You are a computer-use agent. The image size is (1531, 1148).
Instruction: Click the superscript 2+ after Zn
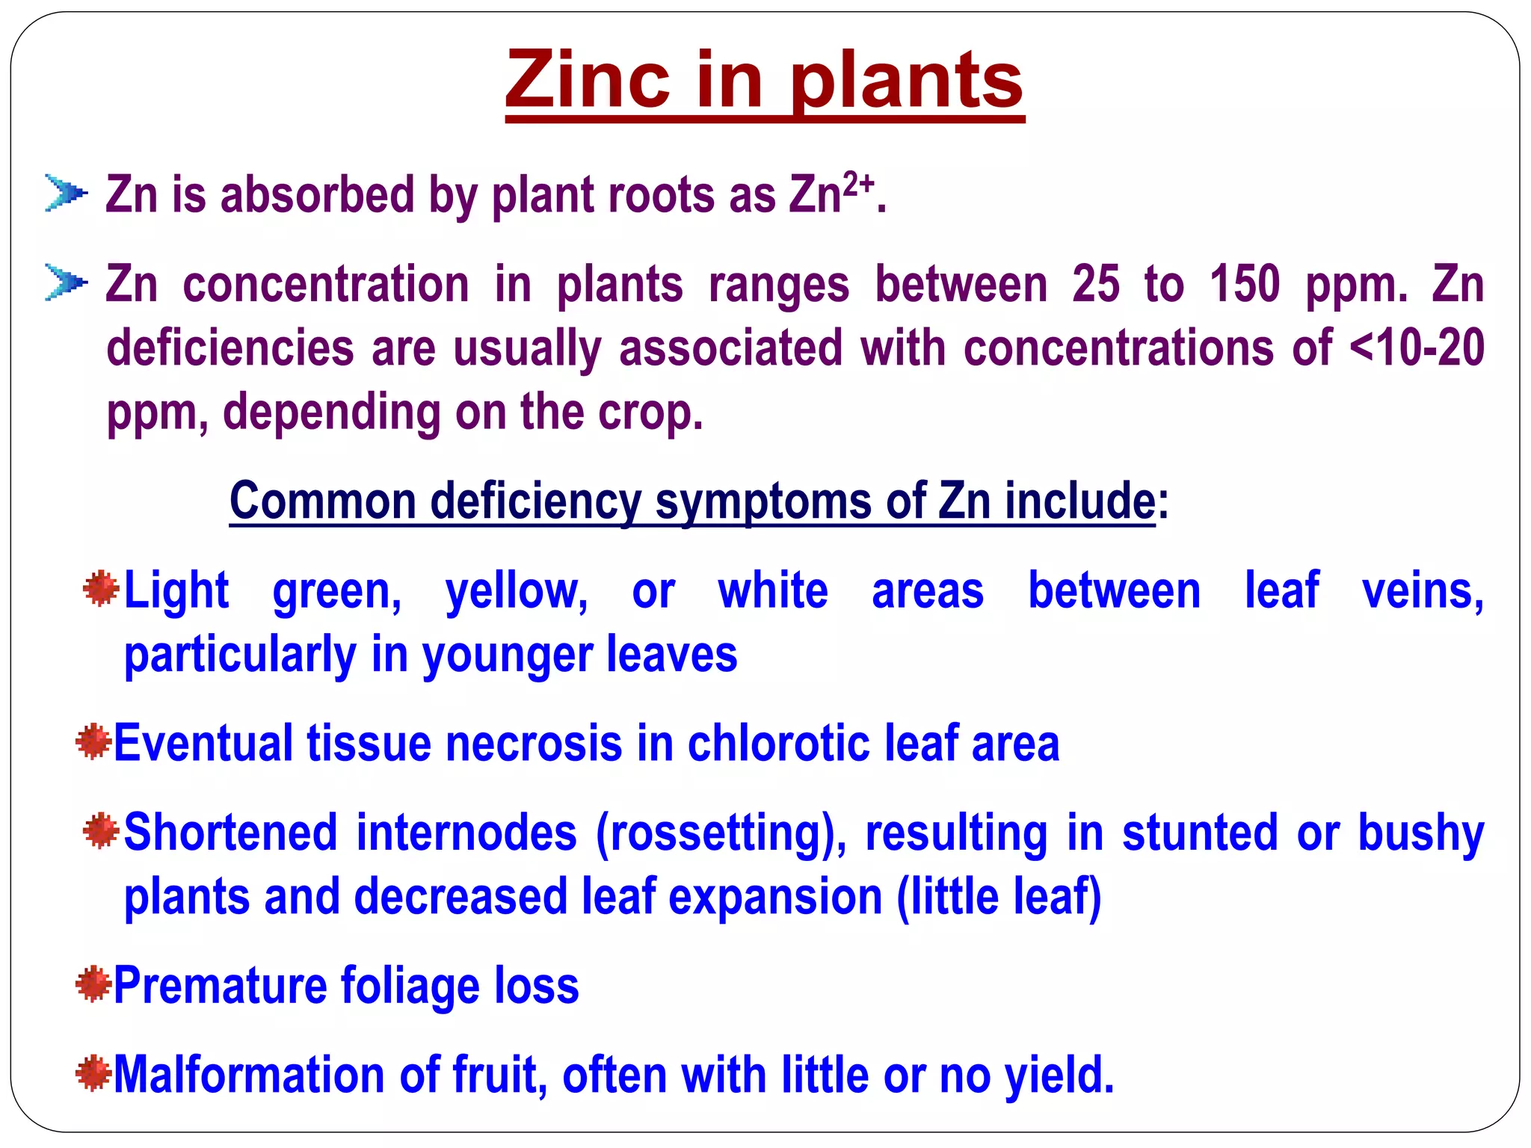(x=858, y=184)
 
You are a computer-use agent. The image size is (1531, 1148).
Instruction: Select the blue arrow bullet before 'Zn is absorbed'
(x=66, y=194)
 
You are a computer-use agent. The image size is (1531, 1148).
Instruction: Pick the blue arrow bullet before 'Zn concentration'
(x=66, y=283)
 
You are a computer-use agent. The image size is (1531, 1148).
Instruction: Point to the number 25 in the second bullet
(x=1096, y=284)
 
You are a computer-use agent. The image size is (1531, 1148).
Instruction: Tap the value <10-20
(x=1417, y=348)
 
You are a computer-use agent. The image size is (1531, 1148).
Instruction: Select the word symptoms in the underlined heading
(x=763, y=502)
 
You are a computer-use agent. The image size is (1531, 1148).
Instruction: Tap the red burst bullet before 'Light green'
(x=101, y=589)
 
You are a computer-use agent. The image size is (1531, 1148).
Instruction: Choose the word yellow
(x=517, y=592)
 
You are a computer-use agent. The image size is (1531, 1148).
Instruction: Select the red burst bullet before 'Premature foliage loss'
(x=93, y=984)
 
